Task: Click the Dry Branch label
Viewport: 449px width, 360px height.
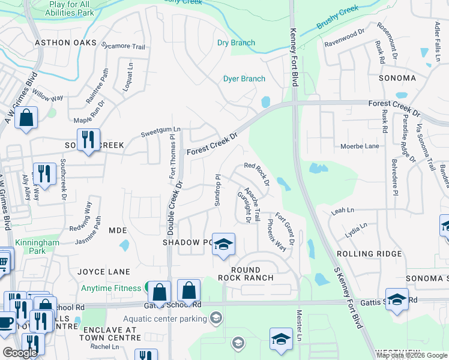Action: tap(236, 43)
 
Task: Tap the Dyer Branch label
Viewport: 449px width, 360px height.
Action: tap(244, 79)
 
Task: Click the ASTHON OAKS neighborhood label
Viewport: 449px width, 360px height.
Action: tap(65, 43)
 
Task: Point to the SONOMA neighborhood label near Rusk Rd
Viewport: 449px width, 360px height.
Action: tap(397, 78)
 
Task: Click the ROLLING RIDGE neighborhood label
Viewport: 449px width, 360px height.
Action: tap(372, 254)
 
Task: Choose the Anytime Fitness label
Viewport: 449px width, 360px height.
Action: tap(112, 288)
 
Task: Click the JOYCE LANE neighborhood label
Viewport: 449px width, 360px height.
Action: tap(104, 272)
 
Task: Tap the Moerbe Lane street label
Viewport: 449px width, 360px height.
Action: tap(360, 146)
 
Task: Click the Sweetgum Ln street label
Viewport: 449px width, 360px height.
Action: tap(160, 129)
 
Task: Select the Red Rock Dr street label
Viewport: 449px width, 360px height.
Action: tap(256, 173)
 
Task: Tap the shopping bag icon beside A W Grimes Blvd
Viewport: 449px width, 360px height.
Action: tap(26, 118)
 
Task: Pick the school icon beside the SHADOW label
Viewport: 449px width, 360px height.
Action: tap(223, 244)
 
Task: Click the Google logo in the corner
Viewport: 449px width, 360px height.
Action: tap(20, 353)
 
